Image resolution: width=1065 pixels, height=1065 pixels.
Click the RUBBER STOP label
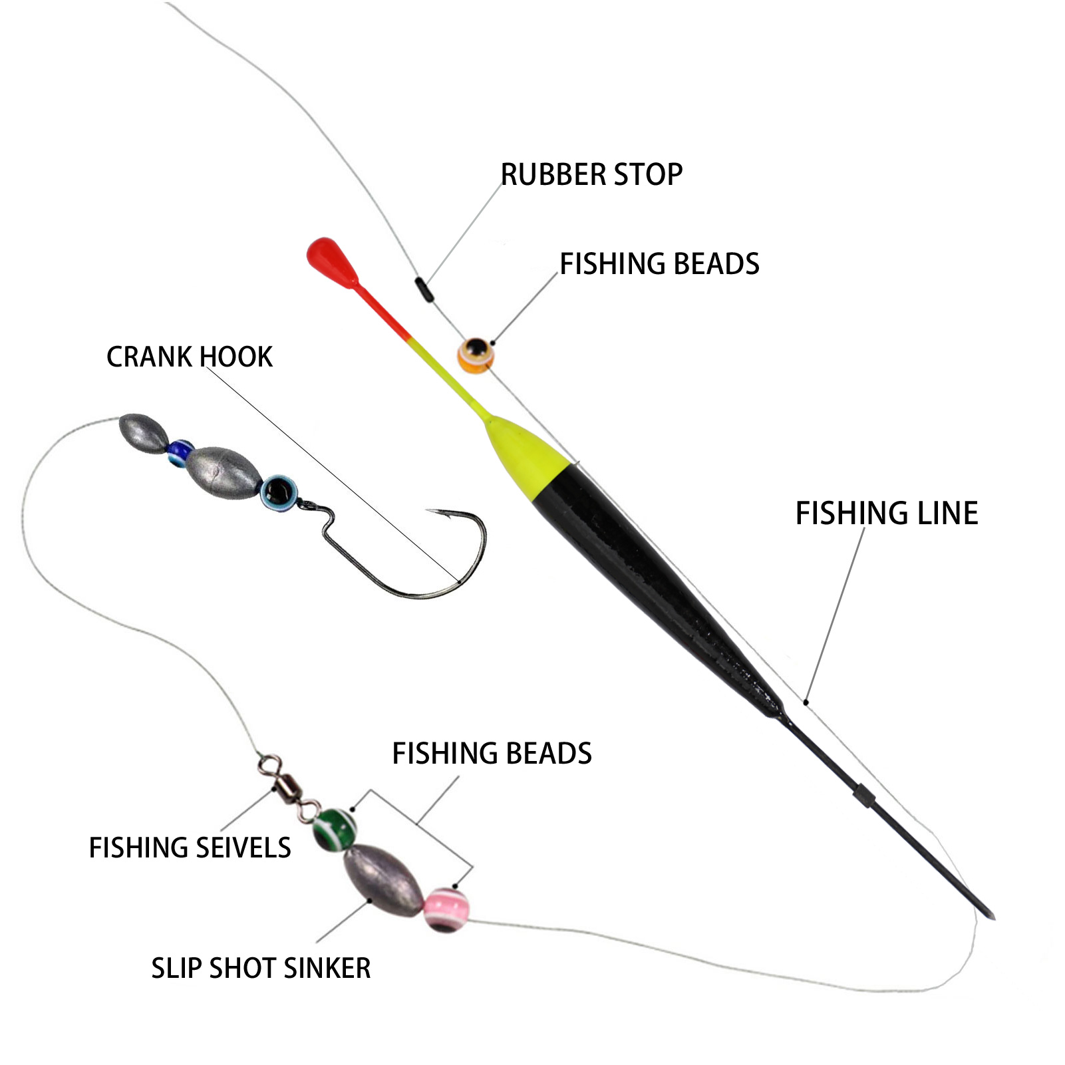[x=591, y=175]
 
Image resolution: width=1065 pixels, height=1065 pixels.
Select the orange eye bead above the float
[x=476, y=354]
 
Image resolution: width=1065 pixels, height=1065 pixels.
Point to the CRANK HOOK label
[x=190, y=357]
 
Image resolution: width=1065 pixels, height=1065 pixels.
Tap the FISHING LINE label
[x=886, y=514]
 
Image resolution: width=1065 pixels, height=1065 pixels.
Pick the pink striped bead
[x=446, y=909]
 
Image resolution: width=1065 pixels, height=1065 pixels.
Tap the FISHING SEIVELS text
[x=190, y=848]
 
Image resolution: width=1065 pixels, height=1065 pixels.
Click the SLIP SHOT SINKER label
[x=261, y=968]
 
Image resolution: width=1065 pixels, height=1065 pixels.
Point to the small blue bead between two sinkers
[x=179, y=452]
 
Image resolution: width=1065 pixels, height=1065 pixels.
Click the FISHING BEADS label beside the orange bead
[x=659, y=264]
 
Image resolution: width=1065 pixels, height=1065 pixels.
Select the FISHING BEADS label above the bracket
[x=492, y=754]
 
